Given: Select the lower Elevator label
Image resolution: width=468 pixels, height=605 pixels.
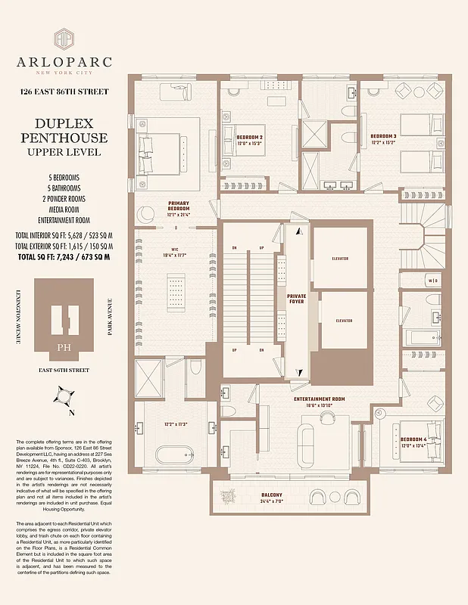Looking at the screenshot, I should (344, 321).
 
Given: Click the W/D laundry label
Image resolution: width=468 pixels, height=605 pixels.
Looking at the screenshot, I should (432, 281).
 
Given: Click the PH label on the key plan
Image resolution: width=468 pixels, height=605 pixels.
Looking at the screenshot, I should (64, 349).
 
